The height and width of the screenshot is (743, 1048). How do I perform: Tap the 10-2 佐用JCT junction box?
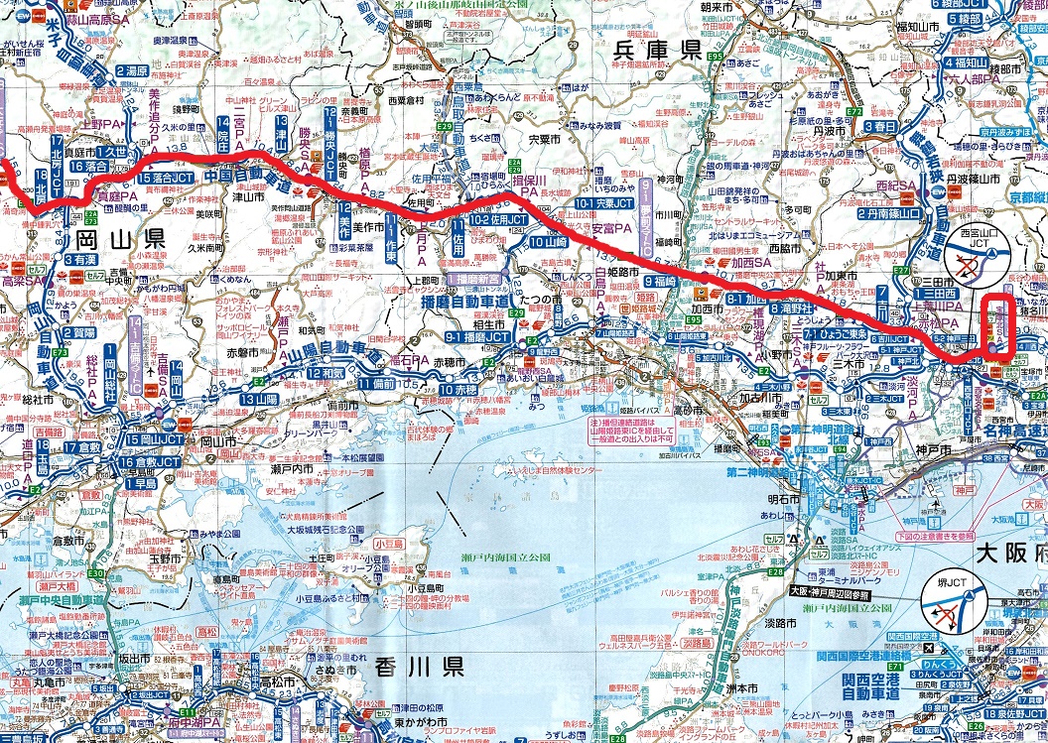click(502, 220)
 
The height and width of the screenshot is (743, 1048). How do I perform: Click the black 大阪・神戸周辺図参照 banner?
click(830, 593)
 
